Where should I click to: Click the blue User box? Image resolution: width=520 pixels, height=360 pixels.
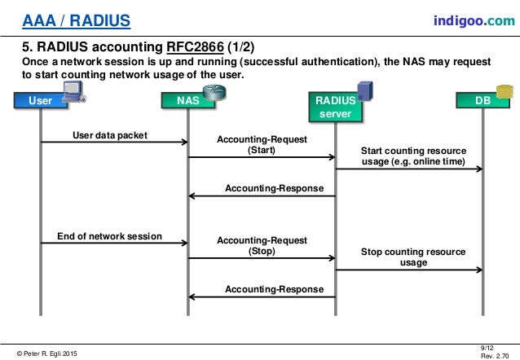(x=40, y=101)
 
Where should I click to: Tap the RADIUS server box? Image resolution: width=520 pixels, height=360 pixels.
(x=335, y=108)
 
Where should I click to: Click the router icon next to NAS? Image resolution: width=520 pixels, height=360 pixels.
(x=214, y=92)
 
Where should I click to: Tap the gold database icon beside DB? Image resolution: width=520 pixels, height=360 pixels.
(x=507, y=92)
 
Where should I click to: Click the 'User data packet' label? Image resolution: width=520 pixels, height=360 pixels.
(x=110, y=134)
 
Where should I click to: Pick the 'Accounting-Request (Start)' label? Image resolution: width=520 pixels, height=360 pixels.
(x=262, y=145)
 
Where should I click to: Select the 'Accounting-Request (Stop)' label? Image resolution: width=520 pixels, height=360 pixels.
(x=262, y=246)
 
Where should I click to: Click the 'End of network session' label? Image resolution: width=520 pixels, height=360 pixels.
(x=109, y=236)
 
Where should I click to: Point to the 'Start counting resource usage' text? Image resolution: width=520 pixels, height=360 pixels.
(x=413, y=156)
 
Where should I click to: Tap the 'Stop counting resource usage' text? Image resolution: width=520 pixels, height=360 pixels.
(x=413, y=257)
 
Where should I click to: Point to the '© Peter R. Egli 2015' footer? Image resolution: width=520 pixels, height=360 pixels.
(x=48, y=353)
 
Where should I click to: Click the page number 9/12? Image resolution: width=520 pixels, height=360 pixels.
(x=487, y=347)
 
